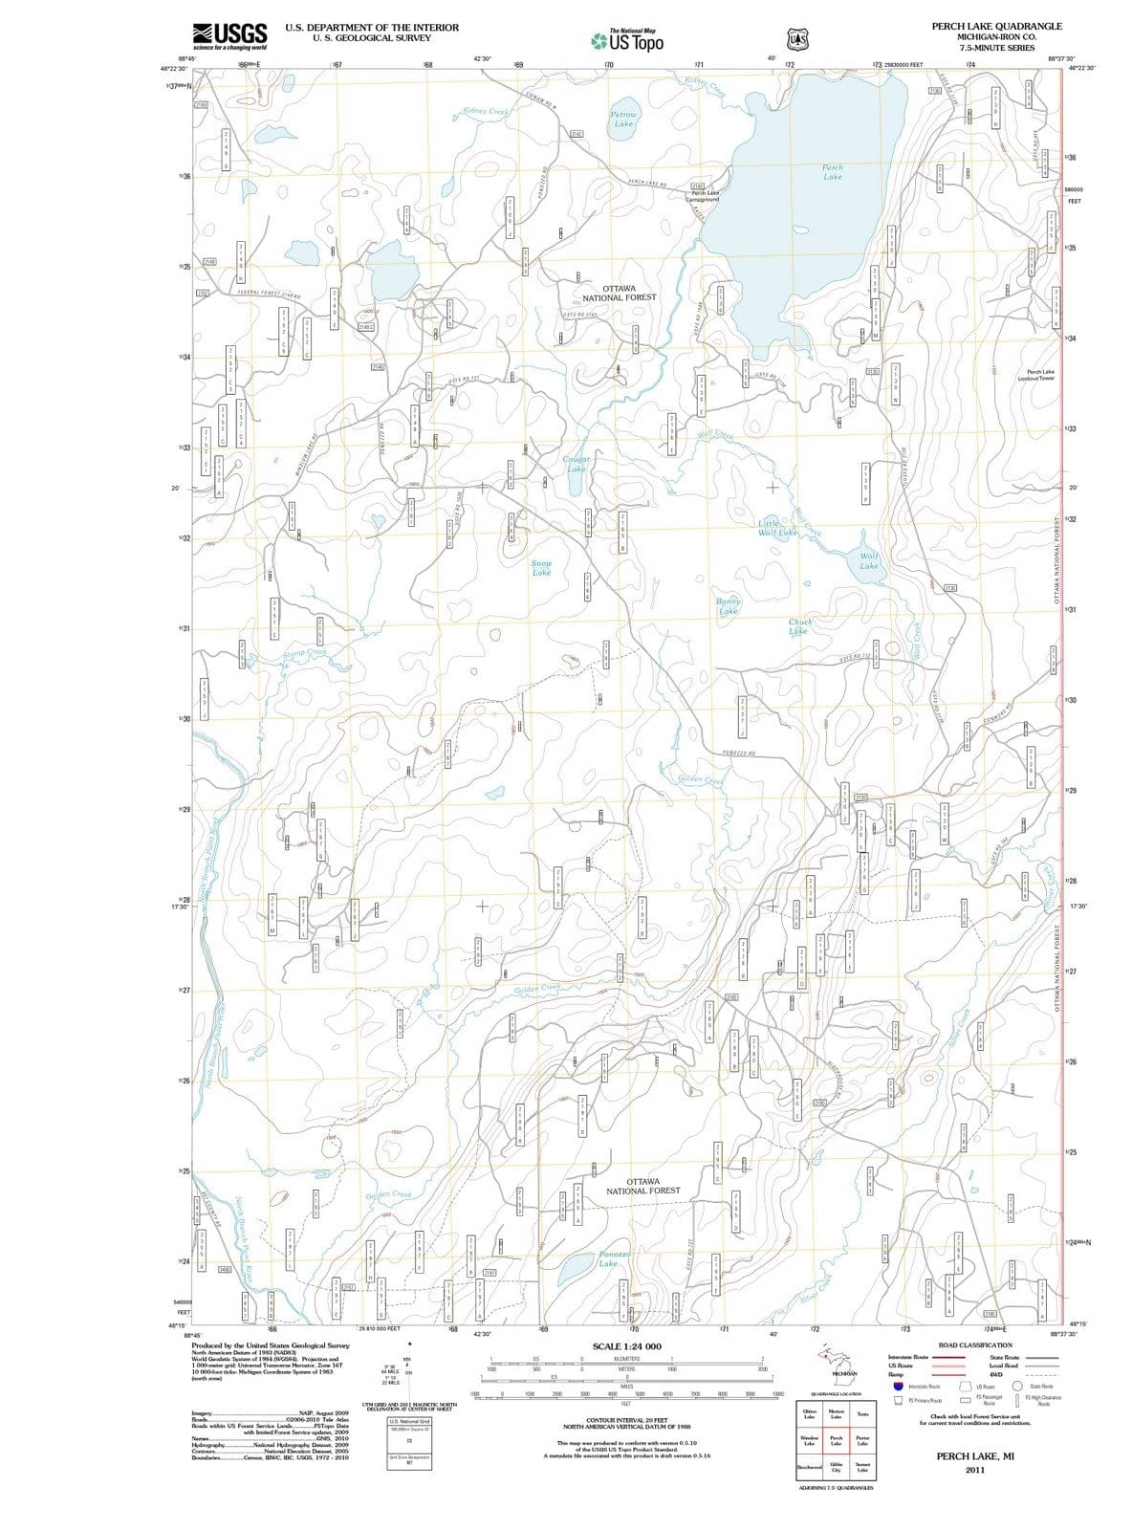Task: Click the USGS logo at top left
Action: [x=229, y=36]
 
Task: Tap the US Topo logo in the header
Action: [x=626, y=41]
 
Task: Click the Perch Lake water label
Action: [x=833, y=172]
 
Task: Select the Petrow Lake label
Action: [x=623, y=119]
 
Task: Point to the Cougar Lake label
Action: [x=577, y=464]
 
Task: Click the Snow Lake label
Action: [x=541, y=568]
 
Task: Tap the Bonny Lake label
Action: [x=729, y=606]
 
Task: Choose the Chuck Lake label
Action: [x=799, y=626]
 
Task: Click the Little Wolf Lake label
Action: [x=776, y=528]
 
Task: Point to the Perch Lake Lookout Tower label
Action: [x=1040, y=375]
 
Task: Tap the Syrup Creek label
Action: [x=304, y=653]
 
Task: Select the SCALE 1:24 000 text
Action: [x=626, y=1346]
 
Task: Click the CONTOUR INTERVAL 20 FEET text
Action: [x=626, y=1420]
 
